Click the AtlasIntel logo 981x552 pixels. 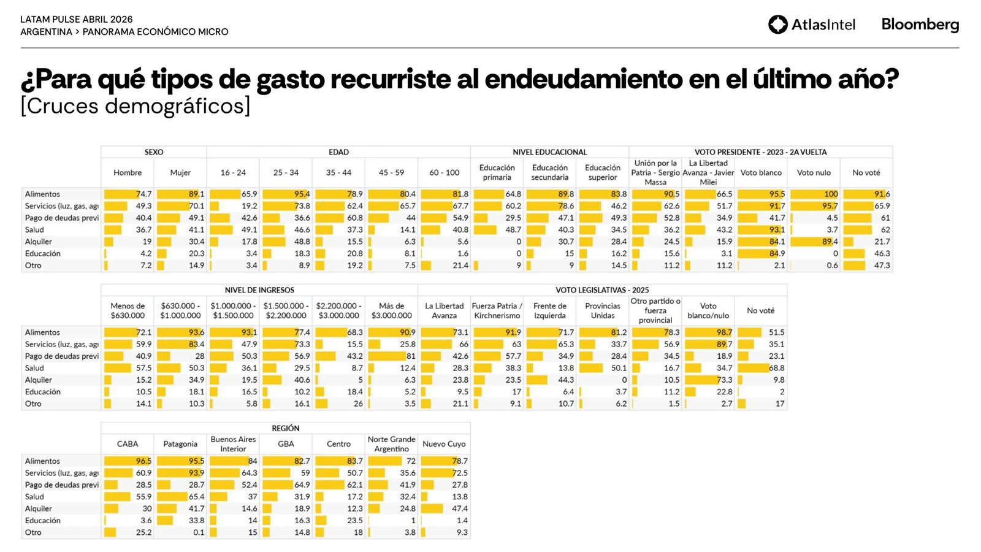coord(812,25)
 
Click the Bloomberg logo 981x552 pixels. coord(920,25)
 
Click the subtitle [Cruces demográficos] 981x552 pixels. coord(136,106)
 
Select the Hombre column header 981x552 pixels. coord(128,173)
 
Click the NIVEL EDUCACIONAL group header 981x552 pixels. coord(549,152)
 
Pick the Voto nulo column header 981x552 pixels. coord(814,173)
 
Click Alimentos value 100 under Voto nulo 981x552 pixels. coord(831,194)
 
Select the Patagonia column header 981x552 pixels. coord(180,444)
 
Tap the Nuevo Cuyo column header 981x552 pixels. coord(444,444)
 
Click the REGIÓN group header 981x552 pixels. coord(286,428)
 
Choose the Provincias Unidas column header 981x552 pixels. coord(603,311)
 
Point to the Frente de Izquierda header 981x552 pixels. coord(550,311)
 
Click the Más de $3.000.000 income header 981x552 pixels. coord(391,311)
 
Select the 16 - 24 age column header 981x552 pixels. coord(233,173)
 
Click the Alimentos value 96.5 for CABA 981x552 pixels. coord(143,461)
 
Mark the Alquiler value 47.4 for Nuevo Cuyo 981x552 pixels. coord(459,508)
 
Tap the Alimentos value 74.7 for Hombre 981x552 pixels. coord(143,194)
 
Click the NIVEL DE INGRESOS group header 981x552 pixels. coord(259,290)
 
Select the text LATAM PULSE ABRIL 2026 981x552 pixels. coord(77,20)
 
